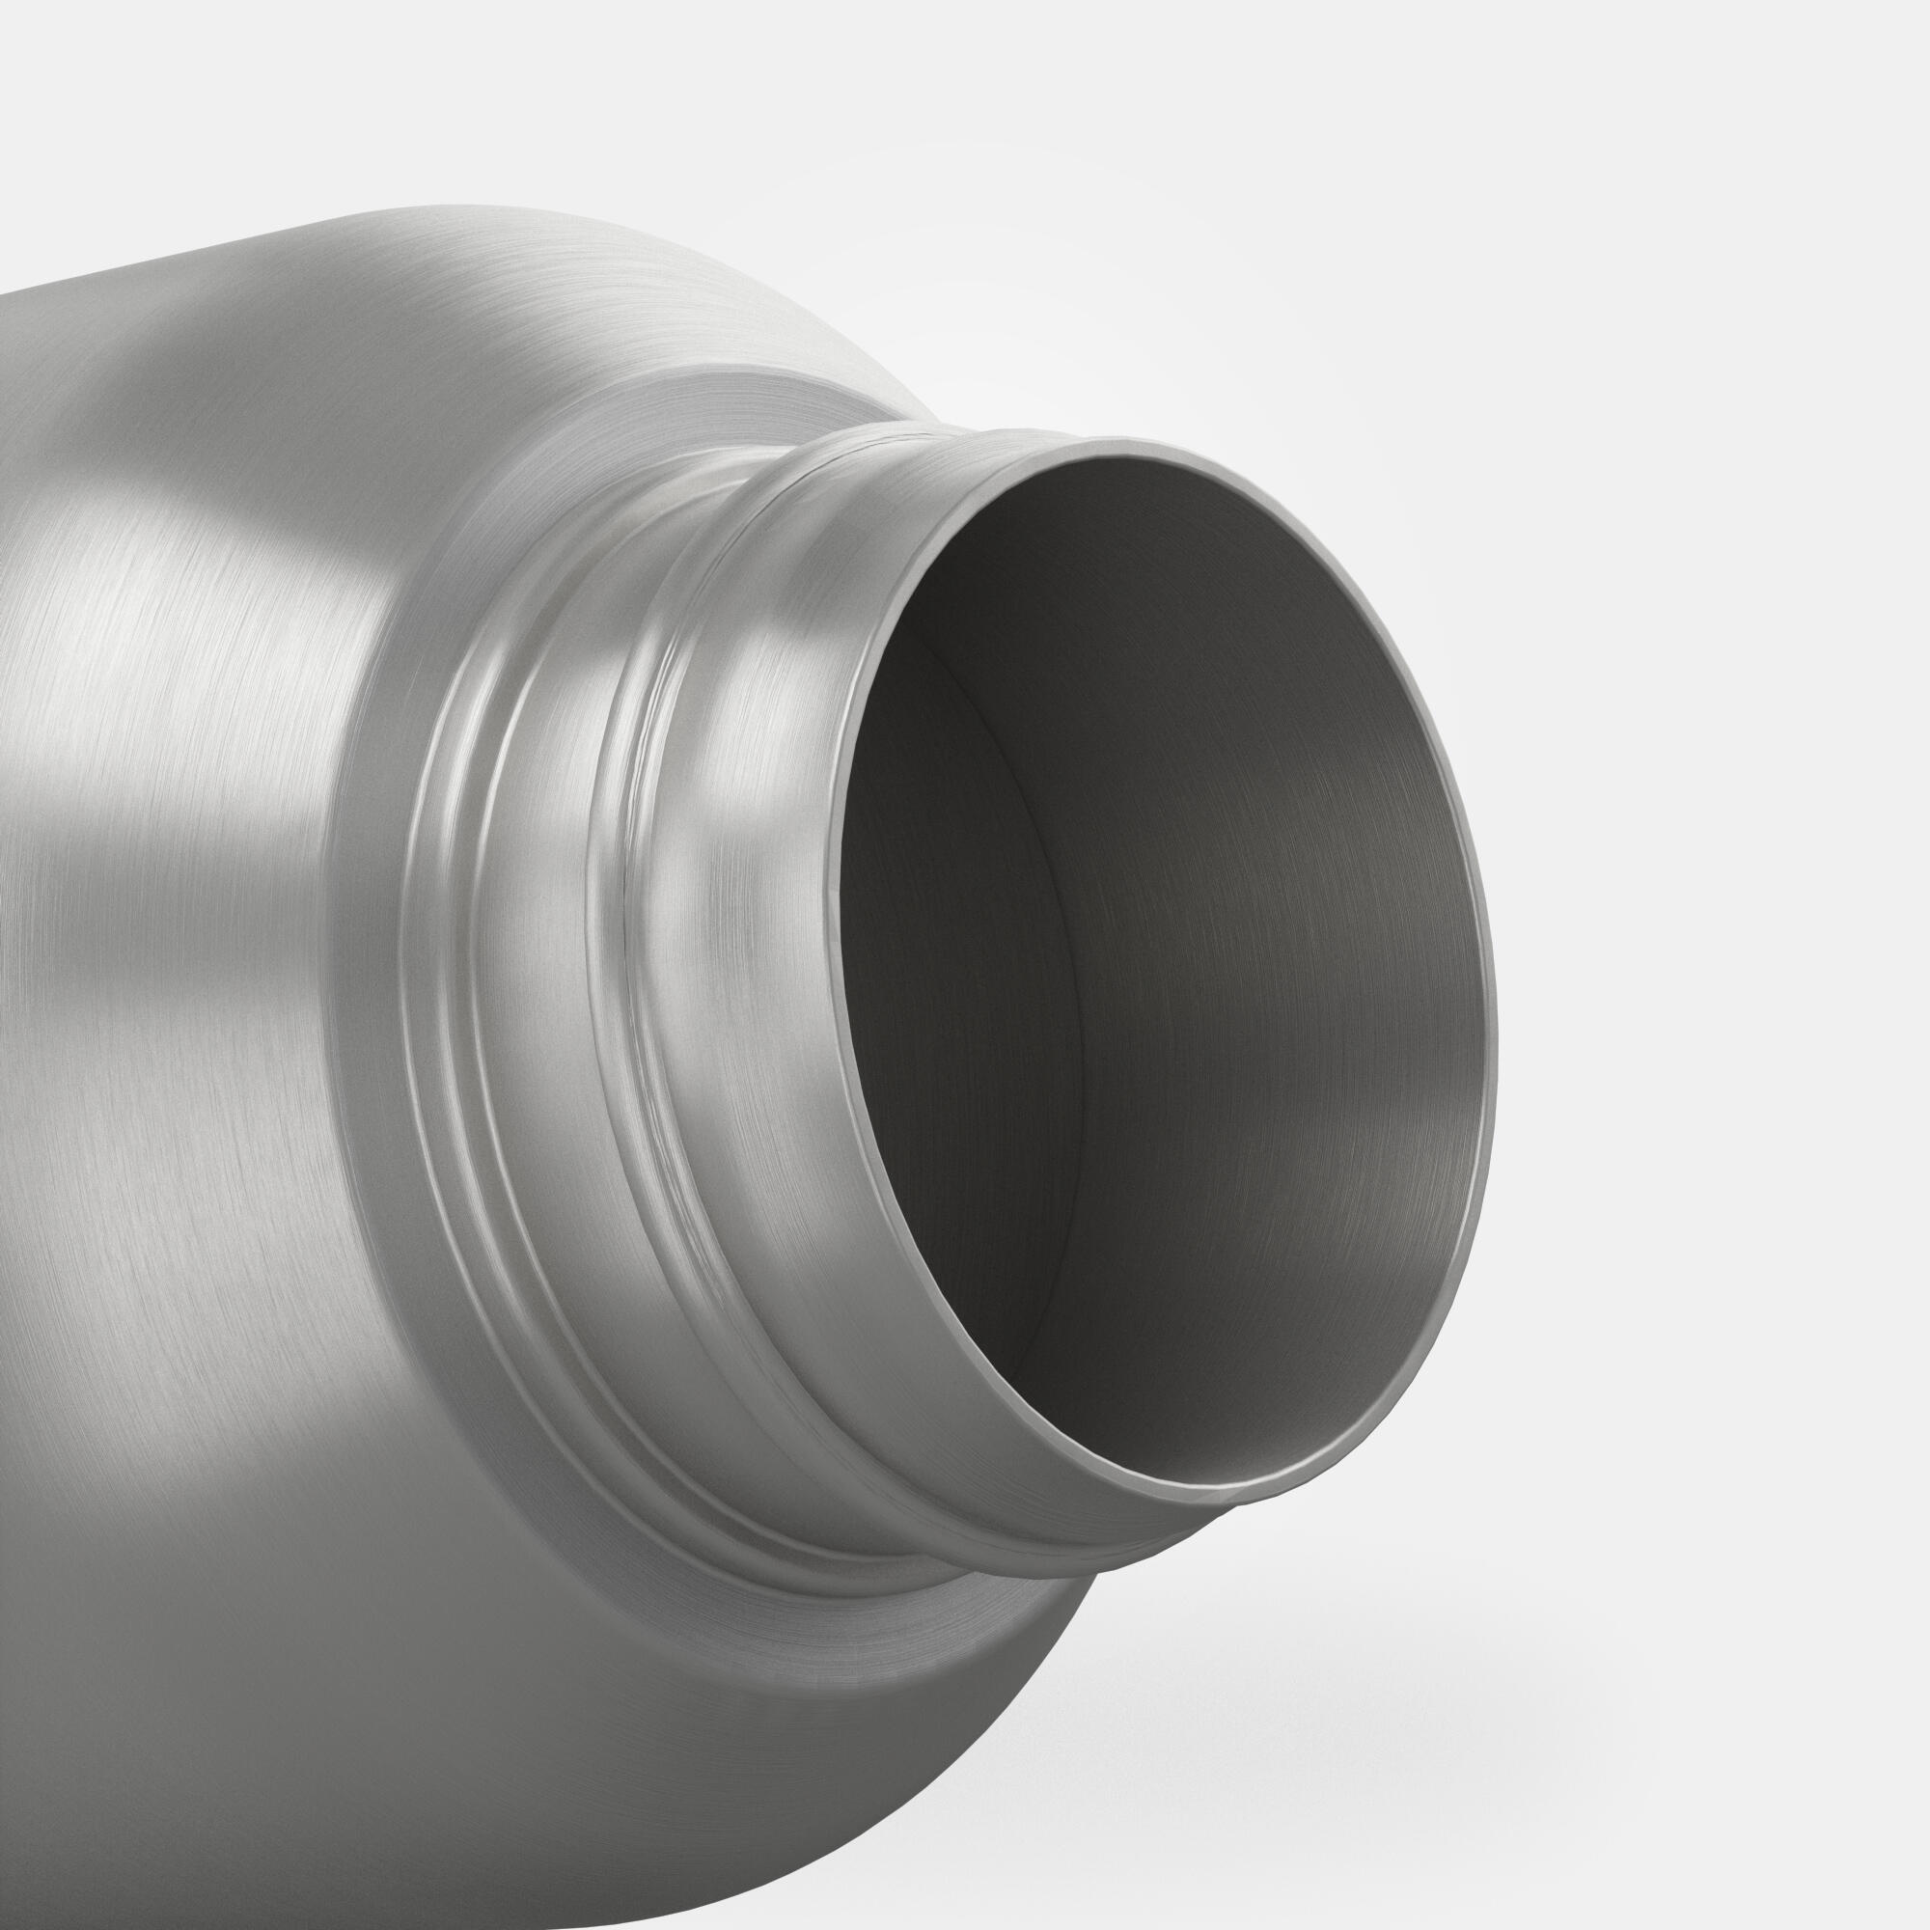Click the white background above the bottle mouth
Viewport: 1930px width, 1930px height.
tap(1299, 200)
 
